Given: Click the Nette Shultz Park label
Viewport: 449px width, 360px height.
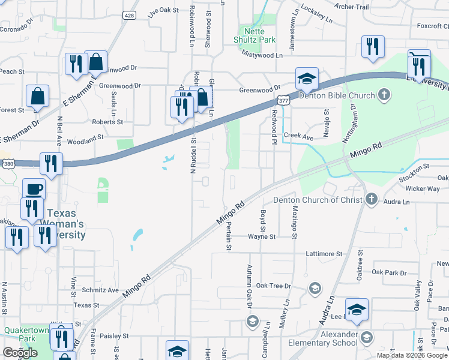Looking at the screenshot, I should pyautogui.click(x=255, y=35).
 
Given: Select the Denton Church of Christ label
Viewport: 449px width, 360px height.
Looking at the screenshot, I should pyautogui.click(x=318, y=200).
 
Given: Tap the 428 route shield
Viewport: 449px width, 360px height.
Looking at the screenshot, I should pyautogui.click(x=130, y=15).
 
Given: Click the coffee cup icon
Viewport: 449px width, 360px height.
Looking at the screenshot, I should pyautogui.click(x=34, y=190).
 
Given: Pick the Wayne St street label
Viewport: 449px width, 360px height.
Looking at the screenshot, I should pyautogui.click(x=261, y=236).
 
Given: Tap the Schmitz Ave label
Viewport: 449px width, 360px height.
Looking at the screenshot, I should pyautogui.click(x=100, y=290).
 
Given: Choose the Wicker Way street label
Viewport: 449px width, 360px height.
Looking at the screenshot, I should pyautogui.click(x=423, y=188).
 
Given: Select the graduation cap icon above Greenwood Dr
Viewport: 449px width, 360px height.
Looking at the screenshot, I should pyautogui.click(x=306, y=78).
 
